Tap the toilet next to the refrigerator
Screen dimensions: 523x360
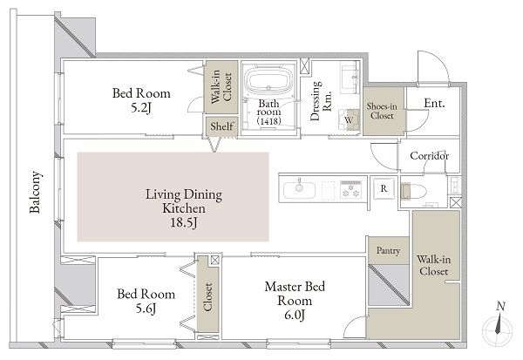(x=413, y=192)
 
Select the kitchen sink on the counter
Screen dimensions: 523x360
(x=299, y=189)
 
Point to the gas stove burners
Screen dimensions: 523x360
(x=351, y=189)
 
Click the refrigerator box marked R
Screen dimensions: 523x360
(x=384, y=188)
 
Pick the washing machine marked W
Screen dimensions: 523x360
(x=349, y=119)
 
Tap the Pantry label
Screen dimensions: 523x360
(x=388, y=250)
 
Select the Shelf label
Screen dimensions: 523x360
(x=221, y=126)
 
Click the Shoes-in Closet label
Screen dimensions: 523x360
(x=382, y=111)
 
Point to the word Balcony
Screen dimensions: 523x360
(x=35, y=192)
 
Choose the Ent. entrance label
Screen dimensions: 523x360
(x=434, y=103)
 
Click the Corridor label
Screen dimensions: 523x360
(x=429, y=156)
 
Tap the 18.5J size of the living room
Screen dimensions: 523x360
(x=184, y=222)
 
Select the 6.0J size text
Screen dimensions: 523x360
(x=295, y=315)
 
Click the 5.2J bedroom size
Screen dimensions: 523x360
(x=141, y=107)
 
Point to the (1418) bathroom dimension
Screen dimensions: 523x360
(x=268, y=121)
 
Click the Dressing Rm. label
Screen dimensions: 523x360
(x=321, y=100)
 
